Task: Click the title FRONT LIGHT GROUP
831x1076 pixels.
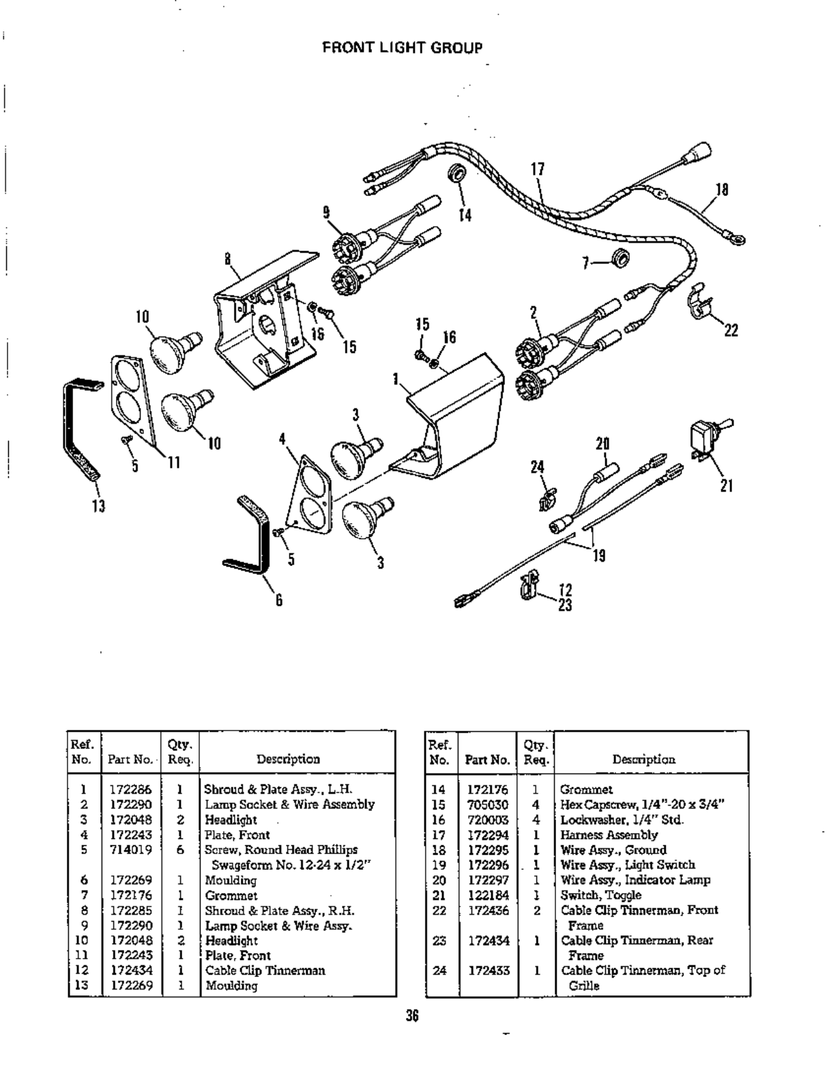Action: pos(402,48)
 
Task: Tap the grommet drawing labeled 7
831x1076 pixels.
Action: pos(620,259)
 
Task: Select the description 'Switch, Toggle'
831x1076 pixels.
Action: pos(600,895)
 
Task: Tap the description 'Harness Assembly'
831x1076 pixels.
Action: pos(609,835)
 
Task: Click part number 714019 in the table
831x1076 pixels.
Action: pos(131,850)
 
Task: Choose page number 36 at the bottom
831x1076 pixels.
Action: pos(411,1015)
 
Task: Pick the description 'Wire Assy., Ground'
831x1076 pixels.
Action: pos(613,850)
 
